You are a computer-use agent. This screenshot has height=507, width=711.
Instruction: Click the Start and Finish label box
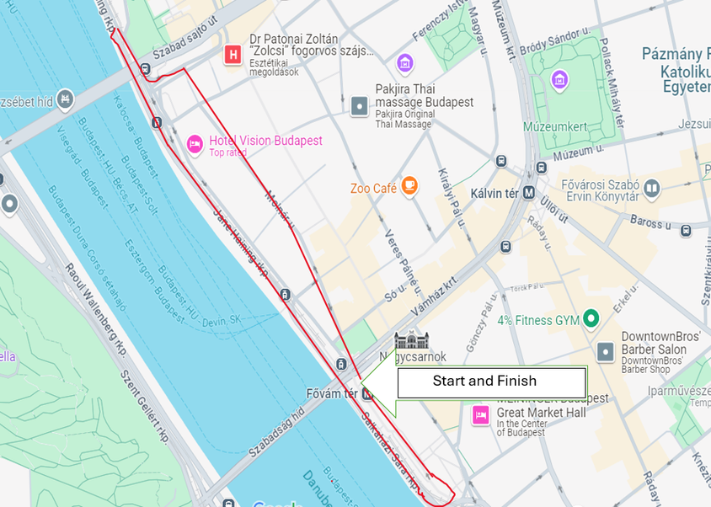491,382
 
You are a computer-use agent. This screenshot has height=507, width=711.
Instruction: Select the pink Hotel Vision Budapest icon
195,145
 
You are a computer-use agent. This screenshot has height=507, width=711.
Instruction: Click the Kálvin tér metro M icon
529,192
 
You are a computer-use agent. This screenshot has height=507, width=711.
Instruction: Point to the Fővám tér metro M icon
367,393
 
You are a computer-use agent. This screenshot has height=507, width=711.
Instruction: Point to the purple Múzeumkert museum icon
559,80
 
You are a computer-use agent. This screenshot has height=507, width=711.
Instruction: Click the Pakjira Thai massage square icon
359,105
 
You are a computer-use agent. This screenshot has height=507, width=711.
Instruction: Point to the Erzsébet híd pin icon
65,100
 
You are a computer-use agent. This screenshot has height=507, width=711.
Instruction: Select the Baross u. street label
650,223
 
